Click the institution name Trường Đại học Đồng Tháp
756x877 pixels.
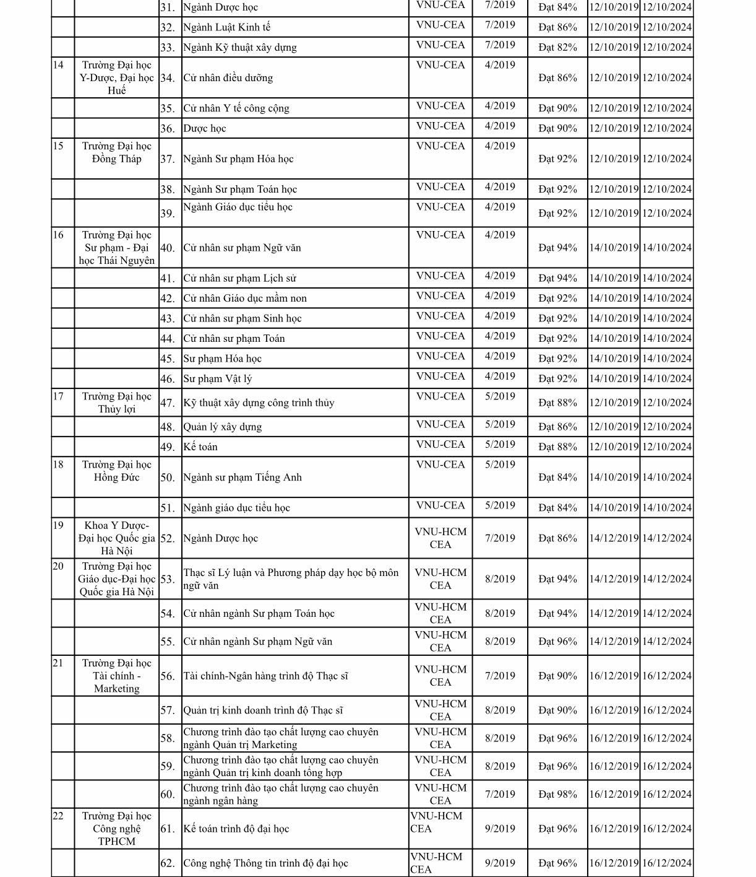(116, 152)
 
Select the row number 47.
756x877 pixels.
(167, 403)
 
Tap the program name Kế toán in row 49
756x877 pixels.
(200, 447)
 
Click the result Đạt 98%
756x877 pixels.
(557, 794)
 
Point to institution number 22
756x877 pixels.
(58, 816)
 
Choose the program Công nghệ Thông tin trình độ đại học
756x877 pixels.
(265, 863)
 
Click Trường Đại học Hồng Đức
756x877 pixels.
(116, 471)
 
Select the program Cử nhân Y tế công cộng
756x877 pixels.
(236, 108)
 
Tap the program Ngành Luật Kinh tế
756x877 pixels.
(226, 27)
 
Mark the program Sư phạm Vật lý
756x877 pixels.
(217, 378)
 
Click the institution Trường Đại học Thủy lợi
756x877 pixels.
(116, 403)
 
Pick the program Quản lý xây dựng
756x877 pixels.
(222, 427)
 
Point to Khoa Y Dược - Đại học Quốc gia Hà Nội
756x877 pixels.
(116, 538)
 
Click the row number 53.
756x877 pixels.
(167, 579)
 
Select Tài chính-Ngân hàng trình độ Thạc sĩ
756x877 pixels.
(265, 676)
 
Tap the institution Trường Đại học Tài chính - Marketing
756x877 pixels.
(116, 676)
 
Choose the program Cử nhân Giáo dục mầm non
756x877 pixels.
(245, 298)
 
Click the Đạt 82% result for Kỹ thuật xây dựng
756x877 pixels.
(557, 47)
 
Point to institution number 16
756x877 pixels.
(58, 235)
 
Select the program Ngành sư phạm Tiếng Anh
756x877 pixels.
(243, 477)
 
